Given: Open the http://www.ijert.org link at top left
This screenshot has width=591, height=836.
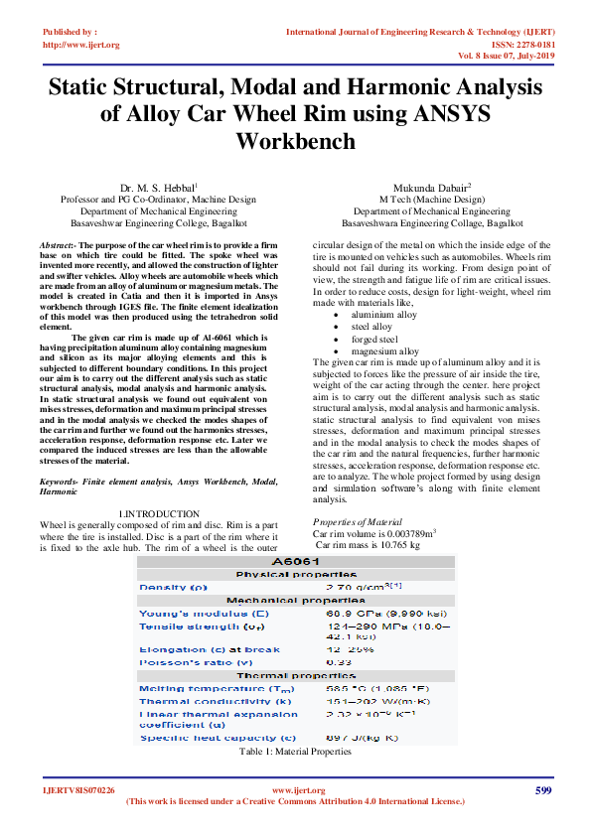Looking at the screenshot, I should point(81,45).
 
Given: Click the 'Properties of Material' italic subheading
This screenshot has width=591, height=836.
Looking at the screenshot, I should point(358,521).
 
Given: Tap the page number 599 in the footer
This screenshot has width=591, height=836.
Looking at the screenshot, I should point(542,790).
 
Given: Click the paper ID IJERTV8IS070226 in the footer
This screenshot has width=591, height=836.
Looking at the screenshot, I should point(78,790).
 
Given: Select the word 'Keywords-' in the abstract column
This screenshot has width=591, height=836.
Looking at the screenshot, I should point(59,481).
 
